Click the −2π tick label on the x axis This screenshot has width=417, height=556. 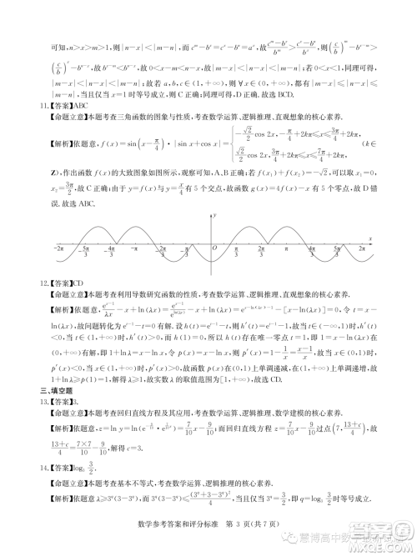[x=60, y=248]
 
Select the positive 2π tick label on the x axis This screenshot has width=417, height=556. [x=361, y=248]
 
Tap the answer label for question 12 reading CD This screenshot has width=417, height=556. [x=56, y=283]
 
